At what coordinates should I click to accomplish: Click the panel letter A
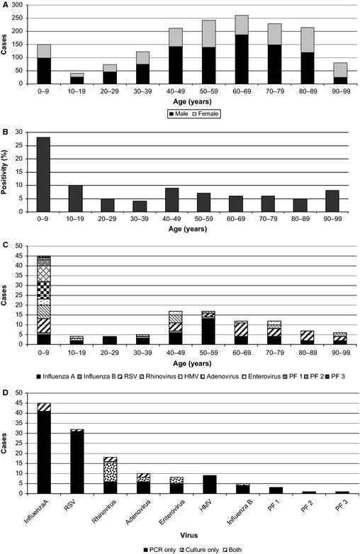click(x=4, y=5)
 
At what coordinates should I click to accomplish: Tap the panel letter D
click(x=4, y=388)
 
